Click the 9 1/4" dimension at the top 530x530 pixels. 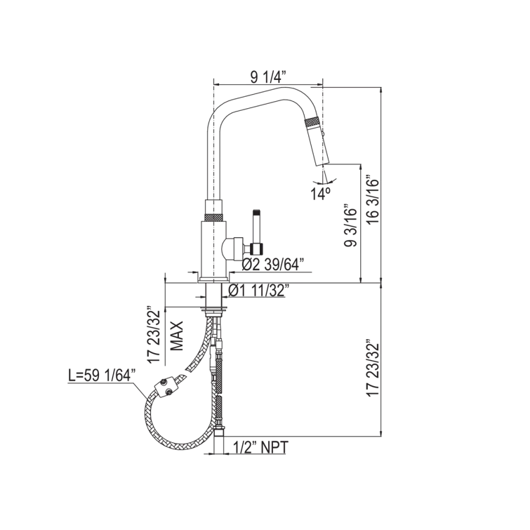point(268,77)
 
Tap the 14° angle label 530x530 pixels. point(321,194)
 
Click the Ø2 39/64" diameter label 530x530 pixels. point(273,265)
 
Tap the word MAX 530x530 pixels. point(176,336)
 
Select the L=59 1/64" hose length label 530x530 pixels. point(102,376)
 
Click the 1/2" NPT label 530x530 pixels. point(260,447)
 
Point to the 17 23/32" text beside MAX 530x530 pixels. point(154,335)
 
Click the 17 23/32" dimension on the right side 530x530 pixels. point(373,370)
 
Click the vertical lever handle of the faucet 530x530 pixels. point(257,232)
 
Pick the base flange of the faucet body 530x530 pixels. point(214,279)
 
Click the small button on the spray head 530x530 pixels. point(323,134)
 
